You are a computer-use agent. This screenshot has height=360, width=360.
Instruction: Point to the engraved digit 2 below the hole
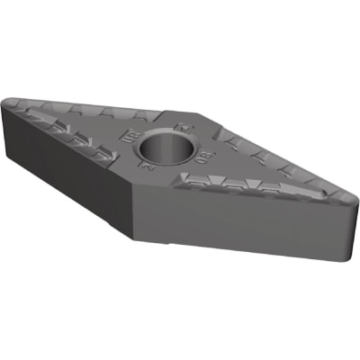(x=142, y=166)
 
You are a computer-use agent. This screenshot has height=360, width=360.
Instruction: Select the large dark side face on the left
(x=67, y=171)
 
